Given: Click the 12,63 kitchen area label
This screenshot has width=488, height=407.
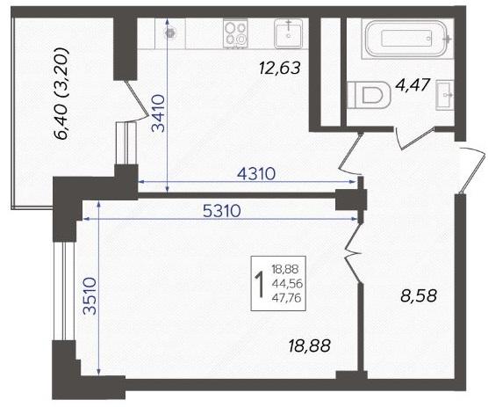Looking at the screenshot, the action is pos(280,69).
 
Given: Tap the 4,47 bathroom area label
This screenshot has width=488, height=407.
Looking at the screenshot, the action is pos(413,84).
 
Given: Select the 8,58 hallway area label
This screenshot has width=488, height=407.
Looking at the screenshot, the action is pos(419,296).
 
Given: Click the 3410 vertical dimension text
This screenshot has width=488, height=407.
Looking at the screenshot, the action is pos(159,113).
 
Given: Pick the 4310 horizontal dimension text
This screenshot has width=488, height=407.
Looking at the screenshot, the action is pos(256,174).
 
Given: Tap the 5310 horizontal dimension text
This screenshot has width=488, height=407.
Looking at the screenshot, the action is pos(221,211).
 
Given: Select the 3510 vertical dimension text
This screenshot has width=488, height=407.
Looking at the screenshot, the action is pos(90,296).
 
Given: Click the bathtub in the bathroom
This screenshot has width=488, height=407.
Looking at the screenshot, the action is pos(407,39).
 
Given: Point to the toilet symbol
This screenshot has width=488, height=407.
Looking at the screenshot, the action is pos(369,95).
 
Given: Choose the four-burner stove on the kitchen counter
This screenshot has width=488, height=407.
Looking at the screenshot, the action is pos(235,33).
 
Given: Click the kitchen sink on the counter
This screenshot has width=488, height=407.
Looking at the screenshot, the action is pos(288,33).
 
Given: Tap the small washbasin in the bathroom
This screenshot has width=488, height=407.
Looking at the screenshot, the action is pos(445,95).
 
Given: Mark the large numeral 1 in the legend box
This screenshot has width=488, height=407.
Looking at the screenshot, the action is pos(260,285).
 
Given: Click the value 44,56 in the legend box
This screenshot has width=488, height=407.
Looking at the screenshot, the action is pos(287,284).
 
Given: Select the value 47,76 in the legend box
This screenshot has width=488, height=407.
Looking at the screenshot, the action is pos(287,298).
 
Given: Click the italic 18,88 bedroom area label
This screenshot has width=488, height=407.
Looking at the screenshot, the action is pos(309,346).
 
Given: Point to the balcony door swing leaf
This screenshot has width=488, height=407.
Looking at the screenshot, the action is pos(136,98).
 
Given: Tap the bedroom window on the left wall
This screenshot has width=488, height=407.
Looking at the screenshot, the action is pos(65,291).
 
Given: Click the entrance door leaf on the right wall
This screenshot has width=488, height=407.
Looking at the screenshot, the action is pos(473,171).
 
